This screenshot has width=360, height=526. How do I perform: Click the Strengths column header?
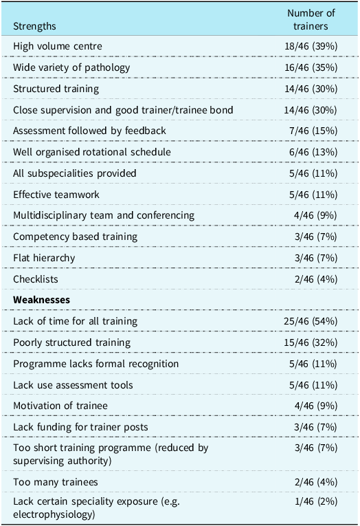(x=34, y=26)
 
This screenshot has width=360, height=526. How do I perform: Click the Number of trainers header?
(x=311, y=19)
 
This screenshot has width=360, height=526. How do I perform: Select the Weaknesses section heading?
(x=41, y=300)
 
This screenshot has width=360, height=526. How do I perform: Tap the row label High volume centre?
(x=58, y=46)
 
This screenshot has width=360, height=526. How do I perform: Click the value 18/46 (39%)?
(x=311, y=46)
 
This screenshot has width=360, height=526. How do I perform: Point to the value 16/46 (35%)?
(x=311, y=67)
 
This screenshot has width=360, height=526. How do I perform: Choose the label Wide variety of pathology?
(x=71, y=67)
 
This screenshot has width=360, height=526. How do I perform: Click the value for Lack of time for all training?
(x=311, y=321)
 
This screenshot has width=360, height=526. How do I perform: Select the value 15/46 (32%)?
(x=311, y=342)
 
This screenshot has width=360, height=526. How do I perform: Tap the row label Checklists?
(x=36, y=279)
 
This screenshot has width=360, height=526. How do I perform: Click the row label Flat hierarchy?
(x=44, y=258)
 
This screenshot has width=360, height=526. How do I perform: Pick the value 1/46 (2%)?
(x=316, y=501)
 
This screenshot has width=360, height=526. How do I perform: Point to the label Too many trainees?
(x=56, y=482)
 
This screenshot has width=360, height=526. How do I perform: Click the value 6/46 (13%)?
(x=313, y=152)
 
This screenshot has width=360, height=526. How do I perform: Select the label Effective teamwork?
(x=56, y=195)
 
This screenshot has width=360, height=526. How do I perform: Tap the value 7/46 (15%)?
(x=313, y=131)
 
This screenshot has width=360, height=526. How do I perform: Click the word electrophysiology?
(x=54, y=514)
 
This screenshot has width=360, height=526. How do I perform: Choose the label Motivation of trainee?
(x=60, y=406)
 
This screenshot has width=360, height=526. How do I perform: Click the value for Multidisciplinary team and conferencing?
(x=316, y=215)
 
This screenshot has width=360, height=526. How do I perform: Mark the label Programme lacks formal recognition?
(x=96, y=364)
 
